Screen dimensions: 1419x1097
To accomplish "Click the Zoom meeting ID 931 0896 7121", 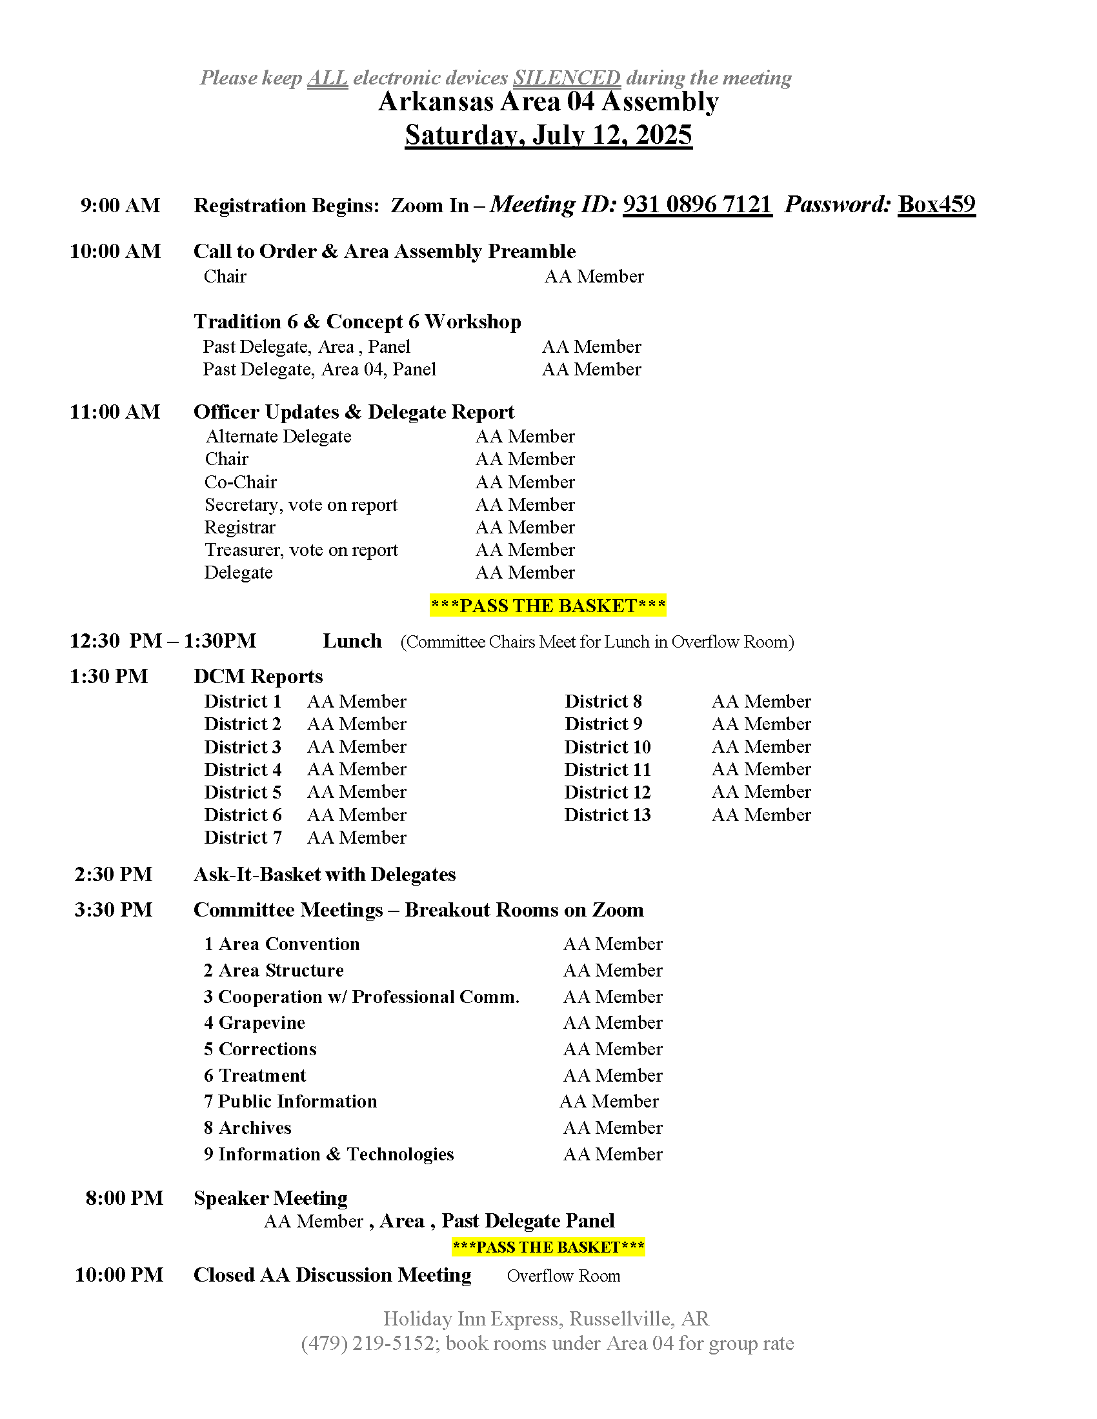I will (x=697, y=204).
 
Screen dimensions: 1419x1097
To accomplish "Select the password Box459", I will (x=936, y=204).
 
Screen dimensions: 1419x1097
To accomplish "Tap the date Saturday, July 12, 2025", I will (x=548, y=135).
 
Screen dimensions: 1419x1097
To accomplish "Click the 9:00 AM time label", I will (x=120, y=205).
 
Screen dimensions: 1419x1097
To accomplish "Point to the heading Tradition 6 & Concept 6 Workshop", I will (x=357, y=322).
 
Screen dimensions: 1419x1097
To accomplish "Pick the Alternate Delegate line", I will (x=278, y=436).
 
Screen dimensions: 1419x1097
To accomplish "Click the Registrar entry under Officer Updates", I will (x=240, y=527).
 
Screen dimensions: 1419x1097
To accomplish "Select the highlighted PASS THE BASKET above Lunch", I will (x=548, y=606).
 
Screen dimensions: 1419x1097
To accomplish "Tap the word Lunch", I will (x=352, y=641).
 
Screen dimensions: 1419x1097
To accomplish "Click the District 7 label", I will (x=243, y=837).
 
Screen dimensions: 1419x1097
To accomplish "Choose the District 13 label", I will (x=607, y=815).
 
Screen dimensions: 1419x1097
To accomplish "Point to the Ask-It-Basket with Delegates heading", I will (x=325, y=875).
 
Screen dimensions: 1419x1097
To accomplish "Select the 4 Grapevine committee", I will (x=254, y=1023).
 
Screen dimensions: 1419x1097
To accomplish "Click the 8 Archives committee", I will (x=248, y=1128).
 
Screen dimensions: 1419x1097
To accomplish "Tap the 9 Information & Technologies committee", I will (x=328, y=1154).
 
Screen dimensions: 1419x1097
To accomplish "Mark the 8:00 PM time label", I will (x=124, y=1198).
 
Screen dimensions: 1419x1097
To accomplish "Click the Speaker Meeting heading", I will (x=270, y=1198).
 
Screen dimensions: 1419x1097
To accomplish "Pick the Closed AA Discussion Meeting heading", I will (x=332, y=1275).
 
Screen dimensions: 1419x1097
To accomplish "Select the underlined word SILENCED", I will (x=567, y=78).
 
